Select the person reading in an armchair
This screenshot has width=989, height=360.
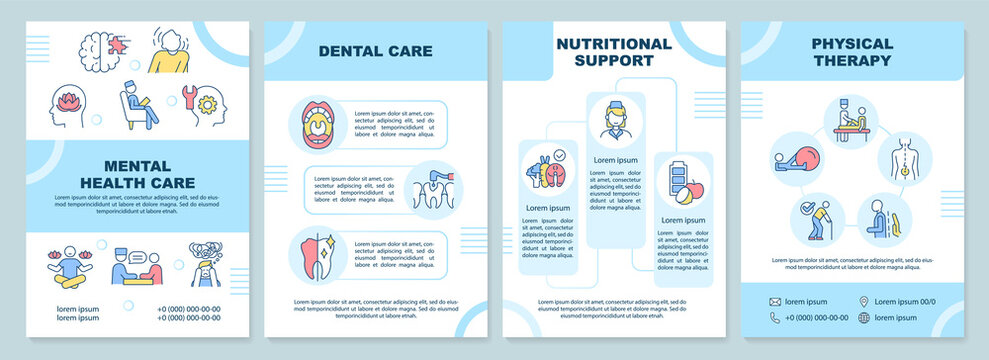[138, 104]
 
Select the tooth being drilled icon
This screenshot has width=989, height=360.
[431, 187]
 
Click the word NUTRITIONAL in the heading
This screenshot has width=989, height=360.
[613, 44]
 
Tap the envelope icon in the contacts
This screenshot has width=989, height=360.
[775, 301]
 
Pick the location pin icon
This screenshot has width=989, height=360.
[863, 301]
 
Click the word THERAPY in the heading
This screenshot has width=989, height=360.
[852, 61]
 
